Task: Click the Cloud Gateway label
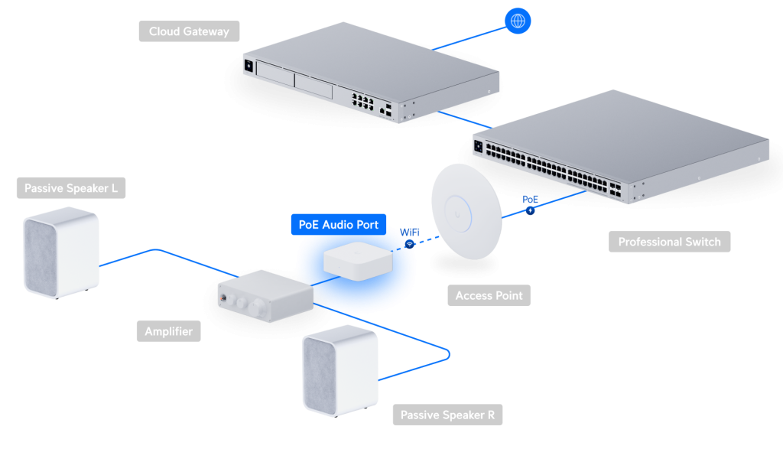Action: tap(189, 31)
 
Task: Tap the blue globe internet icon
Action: tap(518, 21)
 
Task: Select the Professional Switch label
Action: tap(669, 242)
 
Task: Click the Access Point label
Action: tap(489, 295)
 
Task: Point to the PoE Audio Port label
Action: tap(338, 225)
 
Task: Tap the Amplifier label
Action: tap(168, 331)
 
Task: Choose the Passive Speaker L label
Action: tap(70, 188)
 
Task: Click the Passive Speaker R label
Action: tap(447, 415)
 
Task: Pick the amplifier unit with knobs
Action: tap(264, 292)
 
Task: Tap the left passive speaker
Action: tap(61, 255)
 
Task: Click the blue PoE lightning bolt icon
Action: tap(529, 209)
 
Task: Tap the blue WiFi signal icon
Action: tap(410, 244)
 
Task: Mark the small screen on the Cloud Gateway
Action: tap(249, 67)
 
